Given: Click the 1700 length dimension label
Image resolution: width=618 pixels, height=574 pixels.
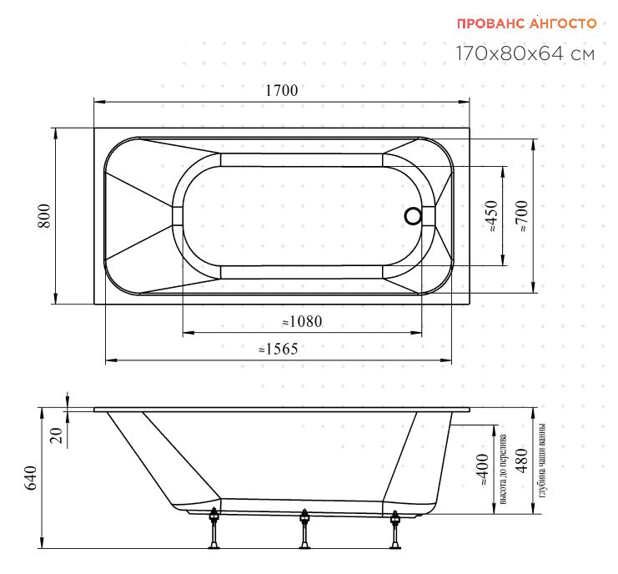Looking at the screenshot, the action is pos(281,90).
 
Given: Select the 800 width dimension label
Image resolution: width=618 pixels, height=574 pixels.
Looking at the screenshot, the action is pos(44,215).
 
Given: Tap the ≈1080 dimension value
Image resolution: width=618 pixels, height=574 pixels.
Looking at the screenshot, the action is pos(302,322).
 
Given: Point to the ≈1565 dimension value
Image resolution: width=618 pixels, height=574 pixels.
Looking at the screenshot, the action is pos(279,349).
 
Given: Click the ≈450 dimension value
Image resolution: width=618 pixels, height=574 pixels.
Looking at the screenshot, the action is pos(493,215).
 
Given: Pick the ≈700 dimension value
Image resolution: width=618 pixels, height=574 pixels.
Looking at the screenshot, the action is pos(522,215).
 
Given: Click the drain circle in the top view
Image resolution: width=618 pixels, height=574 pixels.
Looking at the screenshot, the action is pos(413,216).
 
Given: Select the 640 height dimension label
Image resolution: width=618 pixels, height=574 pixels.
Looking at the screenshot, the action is pos(31,478).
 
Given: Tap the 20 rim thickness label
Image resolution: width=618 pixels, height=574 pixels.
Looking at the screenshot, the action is pos(57,436).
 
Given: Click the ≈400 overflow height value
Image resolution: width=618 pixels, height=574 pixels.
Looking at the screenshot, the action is pos(483,470).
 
